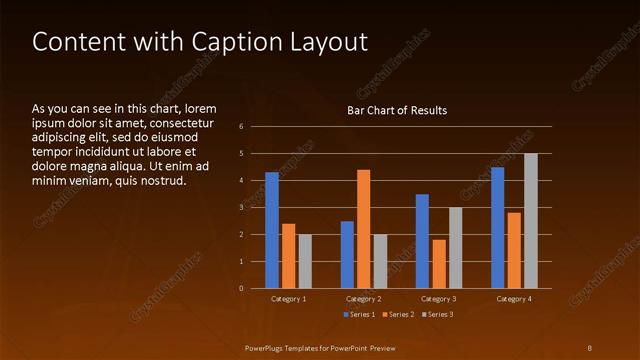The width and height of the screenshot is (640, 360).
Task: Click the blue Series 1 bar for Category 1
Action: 272,230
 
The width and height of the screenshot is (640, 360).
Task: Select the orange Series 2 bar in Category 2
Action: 363,229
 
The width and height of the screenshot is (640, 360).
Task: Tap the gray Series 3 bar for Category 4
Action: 531,221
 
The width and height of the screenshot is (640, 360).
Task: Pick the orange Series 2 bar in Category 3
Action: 439,264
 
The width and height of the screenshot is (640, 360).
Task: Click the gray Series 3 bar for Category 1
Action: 305,261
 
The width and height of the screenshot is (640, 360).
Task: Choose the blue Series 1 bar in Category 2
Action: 347,254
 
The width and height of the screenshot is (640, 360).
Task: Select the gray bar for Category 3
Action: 455,248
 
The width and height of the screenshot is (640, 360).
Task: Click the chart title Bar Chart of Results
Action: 397,110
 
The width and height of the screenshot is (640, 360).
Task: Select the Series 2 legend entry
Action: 397,315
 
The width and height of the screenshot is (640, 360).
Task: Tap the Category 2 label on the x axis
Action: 364,299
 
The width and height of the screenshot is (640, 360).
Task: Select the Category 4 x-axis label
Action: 514,299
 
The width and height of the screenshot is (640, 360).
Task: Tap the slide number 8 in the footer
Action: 590,347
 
